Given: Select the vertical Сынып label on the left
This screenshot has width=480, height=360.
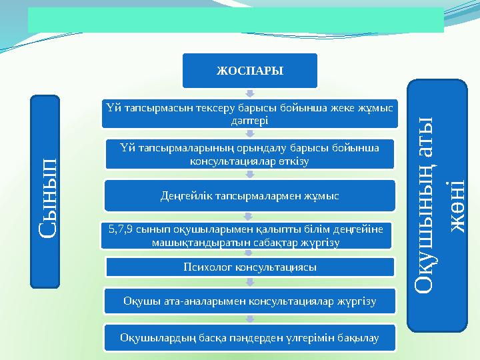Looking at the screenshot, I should pyautogui.click(x=45, y=192).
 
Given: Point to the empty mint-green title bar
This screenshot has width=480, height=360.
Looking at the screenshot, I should pyautogui.click(x=235, y=20).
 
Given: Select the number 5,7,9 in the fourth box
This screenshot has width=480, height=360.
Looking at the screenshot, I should pyautogui.click(x=119, y=229).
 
